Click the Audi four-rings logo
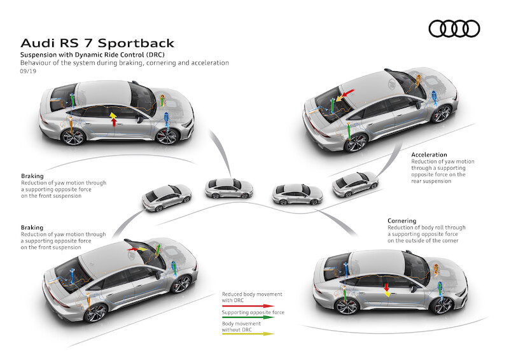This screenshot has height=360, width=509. [x=454, y=29]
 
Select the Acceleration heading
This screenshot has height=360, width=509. [x=429, y=155]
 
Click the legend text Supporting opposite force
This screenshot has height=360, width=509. [x=253, y=313]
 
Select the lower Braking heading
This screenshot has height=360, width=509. [x=32, y=227]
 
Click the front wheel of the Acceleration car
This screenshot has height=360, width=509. [x=444, y=113]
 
